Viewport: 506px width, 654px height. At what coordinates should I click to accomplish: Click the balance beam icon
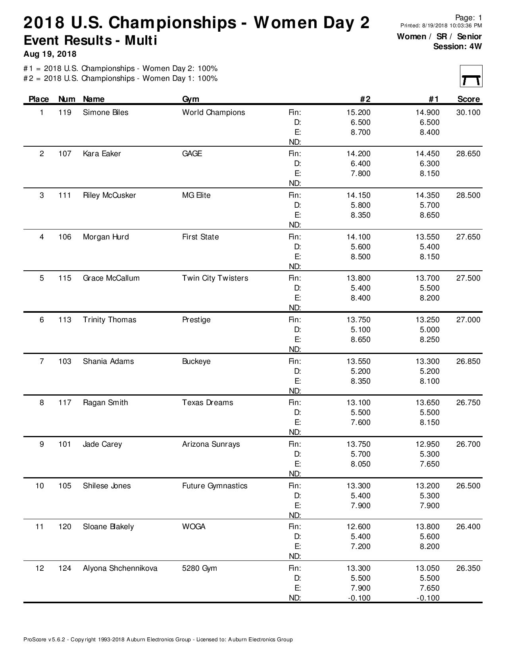click(x=471, y=76)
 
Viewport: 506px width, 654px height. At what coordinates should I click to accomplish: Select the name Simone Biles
click(x=106, y=113)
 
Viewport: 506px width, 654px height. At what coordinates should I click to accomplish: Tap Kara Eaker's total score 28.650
click(x=468, y=154)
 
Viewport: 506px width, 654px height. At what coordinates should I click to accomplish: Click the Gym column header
click(x=190, y=99)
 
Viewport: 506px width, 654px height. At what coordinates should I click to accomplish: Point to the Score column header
click(x=468, y=99)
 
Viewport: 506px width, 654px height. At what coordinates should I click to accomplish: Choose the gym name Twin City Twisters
click(x=215, y=278)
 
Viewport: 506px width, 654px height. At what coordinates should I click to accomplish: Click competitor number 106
click(x=65, y=237)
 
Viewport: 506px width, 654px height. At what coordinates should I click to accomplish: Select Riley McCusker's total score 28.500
click(x=468, y=195)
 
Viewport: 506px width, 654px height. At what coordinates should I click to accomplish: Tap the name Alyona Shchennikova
click(x=120, y=568)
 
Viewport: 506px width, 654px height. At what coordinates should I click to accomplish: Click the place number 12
click(x=40, y=568)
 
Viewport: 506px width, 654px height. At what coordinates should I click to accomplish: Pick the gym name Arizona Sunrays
click(x=211, y=444)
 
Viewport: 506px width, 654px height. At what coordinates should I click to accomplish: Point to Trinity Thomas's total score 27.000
click(x=468, y=320)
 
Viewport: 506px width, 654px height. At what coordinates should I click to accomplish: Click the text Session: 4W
click(x=457, y=46)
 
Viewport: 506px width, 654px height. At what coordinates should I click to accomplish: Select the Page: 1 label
click(x=468, y=18)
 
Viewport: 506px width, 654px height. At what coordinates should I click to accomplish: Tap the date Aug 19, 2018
click(x=50, y=54)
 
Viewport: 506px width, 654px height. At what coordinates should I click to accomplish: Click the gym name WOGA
click(x=194, y=527)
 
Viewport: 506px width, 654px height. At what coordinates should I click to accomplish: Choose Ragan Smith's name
click(x=105, y=403)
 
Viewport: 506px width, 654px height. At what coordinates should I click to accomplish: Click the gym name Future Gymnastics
click(x=214, y=486)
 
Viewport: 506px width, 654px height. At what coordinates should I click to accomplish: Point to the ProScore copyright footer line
click(x=158, y=639)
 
